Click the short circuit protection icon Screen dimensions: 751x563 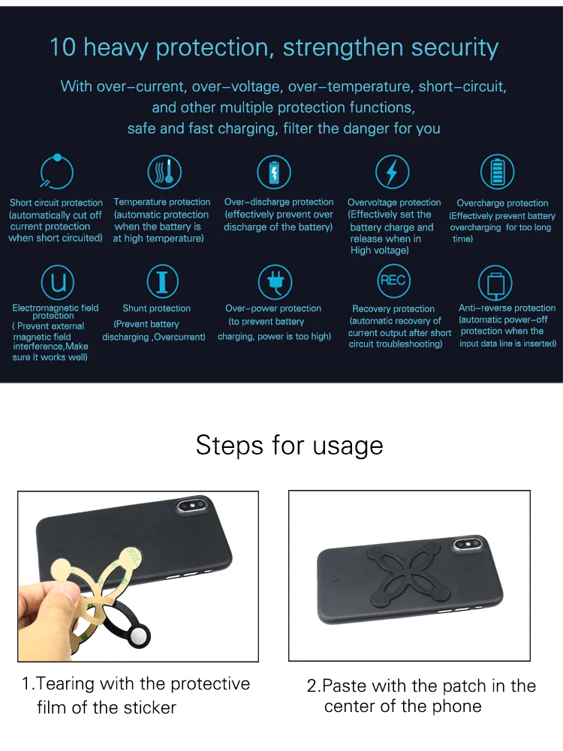pos(56,172)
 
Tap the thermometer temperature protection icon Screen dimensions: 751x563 pos(162,172)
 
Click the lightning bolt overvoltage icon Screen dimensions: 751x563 pos(391,173)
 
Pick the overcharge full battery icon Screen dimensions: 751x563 pos(497,172)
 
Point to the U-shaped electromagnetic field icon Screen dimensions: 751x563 pos(57,282)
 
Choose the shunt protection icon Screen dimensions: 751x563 pos(162,281)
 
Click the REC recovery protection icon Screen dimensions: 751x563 pos(393,281)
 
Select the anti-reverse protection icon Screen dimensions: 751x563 pos(495,284)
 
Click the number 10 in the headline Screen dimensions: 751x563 pos(63,47)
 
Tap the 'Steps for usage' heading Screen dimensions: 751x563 pos(289,445)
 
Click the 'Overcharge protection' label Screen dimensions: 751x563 pos(502,203)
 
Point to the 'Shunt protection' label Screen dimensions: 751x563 pos(156,308)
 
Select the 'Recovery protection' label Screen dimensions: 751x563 pos(393,308)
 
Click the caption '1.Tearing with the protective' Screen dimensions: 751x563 pos(136,683)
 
